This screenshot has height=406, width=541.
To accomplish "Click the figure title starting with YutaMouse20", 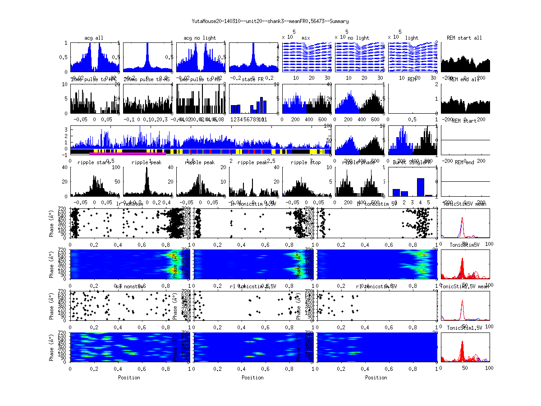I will pyautogui.click(x=270, y=21).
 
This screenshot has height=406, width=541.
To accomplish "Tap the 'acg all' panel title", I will pyautogui.click(x=94, y=38).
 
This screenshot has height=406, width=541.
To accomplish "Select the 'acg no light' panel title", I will pyautogui.click(x=200, y=38).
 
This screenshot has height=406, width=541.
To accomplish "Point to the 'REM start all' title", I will pyautogui.click(x=464, y=38).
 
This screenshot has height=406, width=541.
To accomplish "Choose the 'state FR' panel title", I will pyautogui.click(x=252, y=79).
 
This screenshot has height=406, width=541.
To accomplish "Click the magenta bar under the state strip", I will pyautogui.click(x=128, y=153).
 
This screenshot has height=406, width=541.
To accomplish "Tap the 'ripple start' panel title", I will pyautogui.click(x=94, y=162).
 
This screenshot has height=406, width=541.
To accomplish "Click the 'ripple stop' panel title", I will pyautogui.click(x=306, y=162).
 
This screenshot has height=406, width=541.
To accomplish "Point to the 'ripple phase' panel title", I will pyautogui.click(x=359, y=162).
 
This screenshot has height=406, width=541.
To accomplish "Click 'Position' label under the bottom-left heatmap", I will pyautogui.click(x=129, y=378).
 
